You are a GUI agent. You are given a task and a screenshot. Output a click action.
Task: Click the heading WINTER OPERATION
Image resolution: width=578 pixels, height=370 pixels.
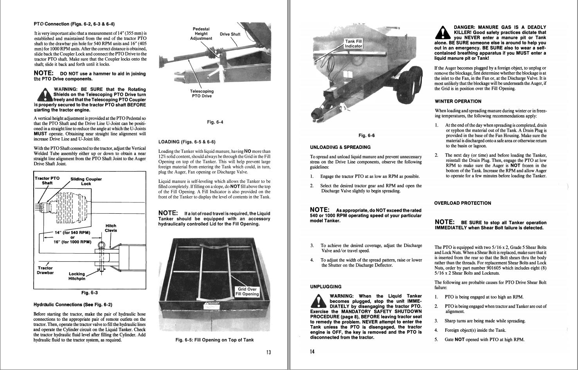coord(458,101)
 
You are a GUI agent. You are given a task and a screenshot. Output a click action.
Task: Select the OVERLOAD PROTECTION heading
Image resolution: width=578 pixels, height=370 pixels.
coord(462,203)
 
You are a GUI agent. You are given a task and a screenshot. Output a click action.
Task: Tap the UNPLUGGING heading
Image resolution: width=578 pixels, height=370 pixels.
coord(326,286)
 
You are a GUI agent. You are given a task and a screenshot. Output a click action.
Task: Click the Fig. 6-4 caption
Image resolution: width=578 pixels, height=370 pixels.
coord(215,122)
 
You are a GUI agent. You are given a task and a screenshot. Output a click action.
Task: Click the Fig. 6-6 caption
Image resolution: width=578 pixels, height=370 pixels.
coord(366,136)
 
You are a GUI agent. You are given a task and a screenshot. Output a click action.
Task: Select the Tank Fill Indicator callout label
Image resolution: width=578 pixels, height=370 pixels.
coord(353,43)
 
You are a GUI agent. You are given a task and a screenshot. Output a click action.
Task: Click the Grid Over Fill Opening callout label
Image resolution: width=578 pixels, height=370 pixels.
coord(247,291)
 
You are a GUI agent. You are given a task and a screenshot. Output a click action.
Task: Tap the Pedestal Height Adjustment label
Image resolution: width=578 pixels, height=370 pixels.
coord(201,34)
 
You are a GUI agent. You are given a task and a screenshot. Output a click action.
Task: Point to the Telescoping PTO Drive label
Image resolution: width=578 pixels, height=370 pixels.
coord(202,94)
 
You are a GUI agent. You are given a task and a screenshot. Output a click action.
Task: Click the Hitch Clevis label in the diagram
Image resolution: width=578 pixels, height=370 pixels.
coord(111,228)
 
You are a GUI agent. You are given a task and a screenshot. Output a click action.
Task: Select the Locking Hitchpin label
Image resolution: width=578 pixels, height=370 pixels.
coord(77,276)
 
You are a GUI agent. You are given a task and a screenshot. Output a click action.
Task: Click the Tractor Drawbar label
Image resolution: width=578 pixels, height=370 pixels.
coord(45,270)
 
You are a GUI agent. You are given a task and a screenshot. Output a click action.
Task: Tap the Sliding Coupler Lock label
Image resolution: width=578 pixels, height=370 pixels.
coord(86,181)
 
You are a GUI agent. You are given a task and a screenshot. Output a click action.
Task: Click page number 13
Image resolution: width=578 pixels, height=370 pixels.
coord(268,352)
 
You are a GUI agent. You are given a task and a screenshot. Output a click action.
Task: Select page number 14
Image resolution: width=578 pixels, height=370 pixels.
coord(312,352)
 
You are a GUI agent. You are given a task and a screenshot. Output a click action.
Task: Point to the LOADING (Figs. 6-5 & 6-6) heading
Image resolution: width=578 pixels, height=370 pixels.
coord(187,142)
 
